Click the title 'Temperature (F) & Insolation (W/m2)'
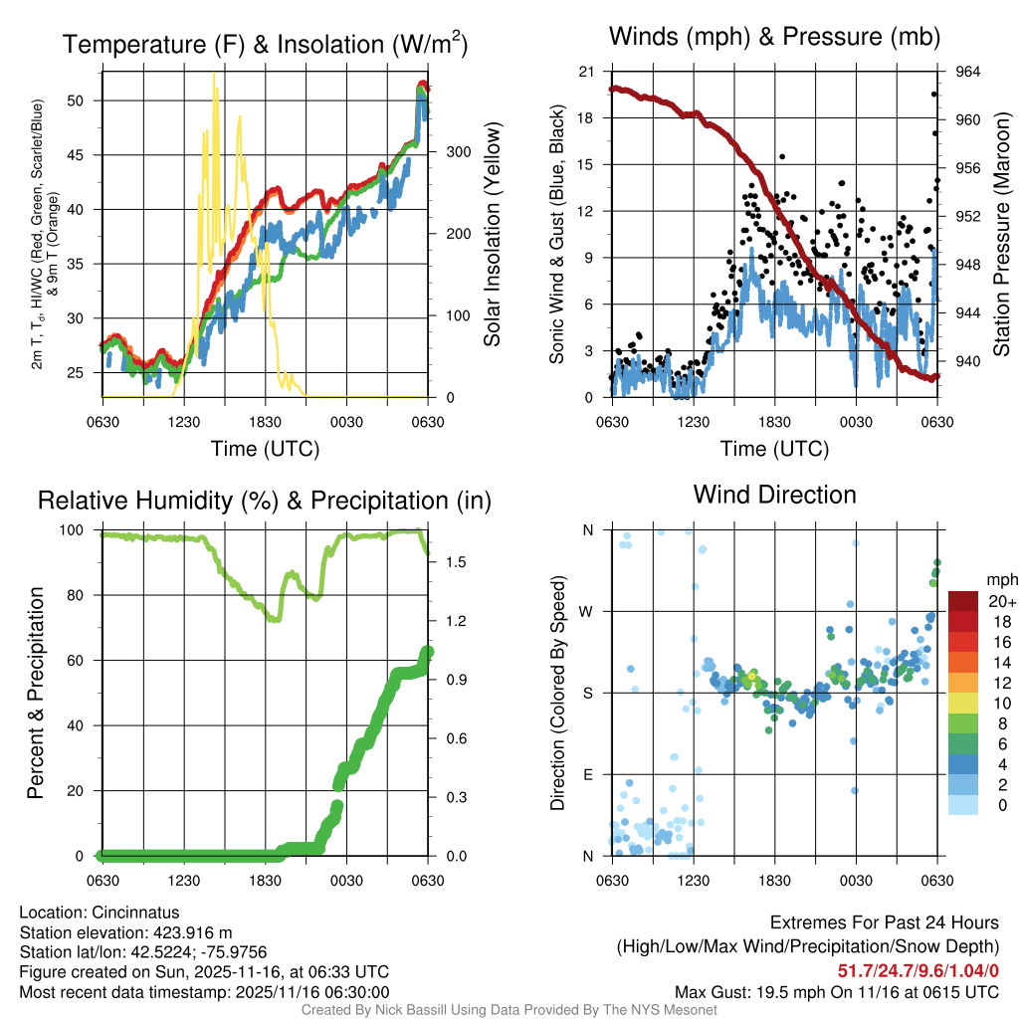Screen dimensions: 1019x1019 (x=265, y=45)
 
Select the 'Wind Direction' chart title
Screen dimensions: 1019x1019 (x=774, y=495)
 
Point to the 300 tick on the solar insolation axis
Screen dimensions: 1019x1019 (x=452, y=152)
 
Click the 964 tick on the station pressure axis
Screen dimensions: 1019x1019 (x=967, y=72)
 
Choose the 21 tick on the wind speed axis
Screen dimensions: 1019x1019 (x=588, y=72)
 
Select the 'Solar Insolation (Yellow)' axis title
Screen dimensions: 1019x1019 (x=492, y=235)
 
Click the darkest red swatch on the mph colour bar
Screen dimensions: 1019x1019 (x=963, y=601)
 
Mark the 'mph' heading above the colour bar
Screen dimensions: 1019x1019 (x=1000, y=579)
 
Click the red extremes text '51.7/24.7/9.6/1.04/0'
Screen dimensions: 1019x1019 (x=918, y=970)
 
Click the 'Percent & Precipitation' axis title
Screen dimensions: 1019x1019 (x=37, y=693)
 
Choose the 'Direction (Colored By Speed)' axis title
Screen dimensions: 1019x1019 (x=557, y=693)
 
